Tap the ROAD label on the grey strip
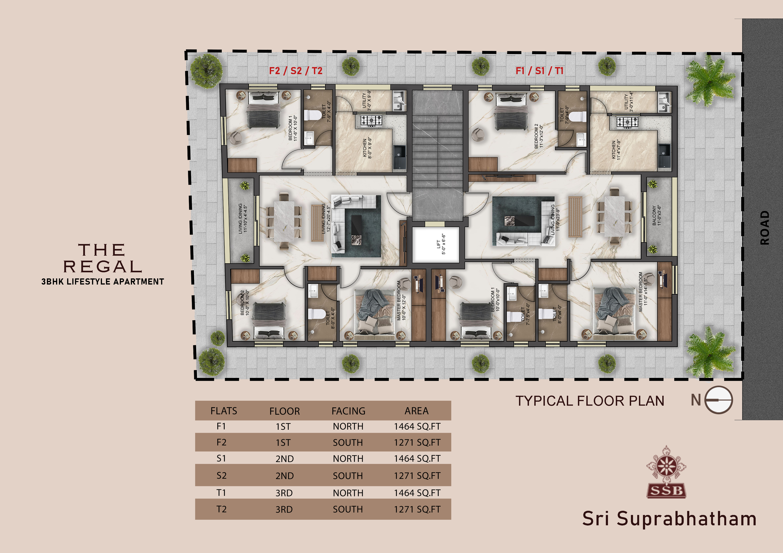(x=765, y=228)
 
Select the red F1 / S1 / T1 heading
(x=539, y=71)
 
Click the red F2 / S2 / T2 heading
(x=296, y=71)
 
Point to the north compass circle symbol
(x=719, y=400)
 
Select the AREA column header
(x=416, y=411)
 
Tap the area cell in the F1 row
(x=417, y=426)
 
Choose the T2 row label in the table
(x=221, y=509)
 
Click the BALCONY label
(x=657, y=215)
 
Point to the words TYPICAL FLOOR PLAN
(x=590, y=401)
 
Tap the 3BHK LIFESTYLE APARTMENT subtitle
(x=103, y=282)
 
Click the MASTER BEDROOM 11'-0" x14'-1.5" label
(x=643, y=292)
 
